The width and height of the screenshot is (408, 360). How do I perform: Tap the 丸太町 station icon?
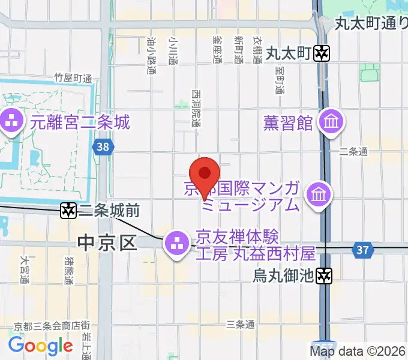click(322, 53)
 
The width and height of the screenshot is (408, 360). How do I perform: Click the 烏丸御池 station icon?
click(325, 275)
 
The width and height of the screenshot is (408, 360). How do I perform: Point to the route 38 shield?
click(103, 145)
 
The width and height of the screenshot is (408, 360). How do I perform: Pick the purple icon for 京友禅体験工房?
click(176, 244)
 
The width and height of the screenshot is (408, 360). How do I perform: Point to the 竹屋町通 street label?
click(73, 78)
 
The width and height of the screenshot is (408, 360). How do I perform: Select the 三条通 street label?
click(240, 325)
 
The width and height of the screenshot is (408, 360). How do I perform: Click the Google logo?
click(40, 346)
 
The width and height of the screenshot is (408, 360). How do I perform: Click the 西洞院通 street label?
click(196, 108)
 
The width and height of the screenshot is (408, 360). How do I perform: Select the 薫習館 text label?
click(288, 122)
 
